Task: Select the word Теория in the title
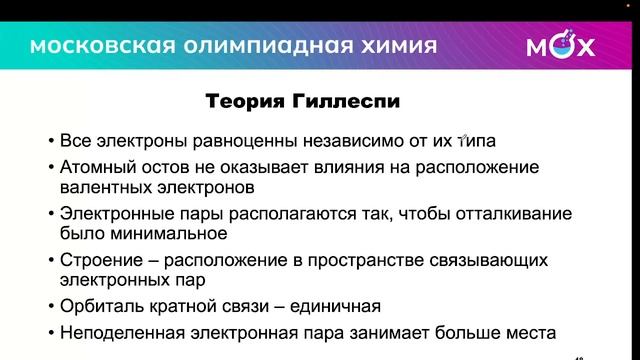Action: [242, 102]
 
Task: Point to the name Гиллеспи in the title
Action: [337, 102]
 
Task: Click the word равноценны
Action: [241, 139]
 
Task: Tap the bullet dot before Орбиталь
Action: [51, 307]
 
